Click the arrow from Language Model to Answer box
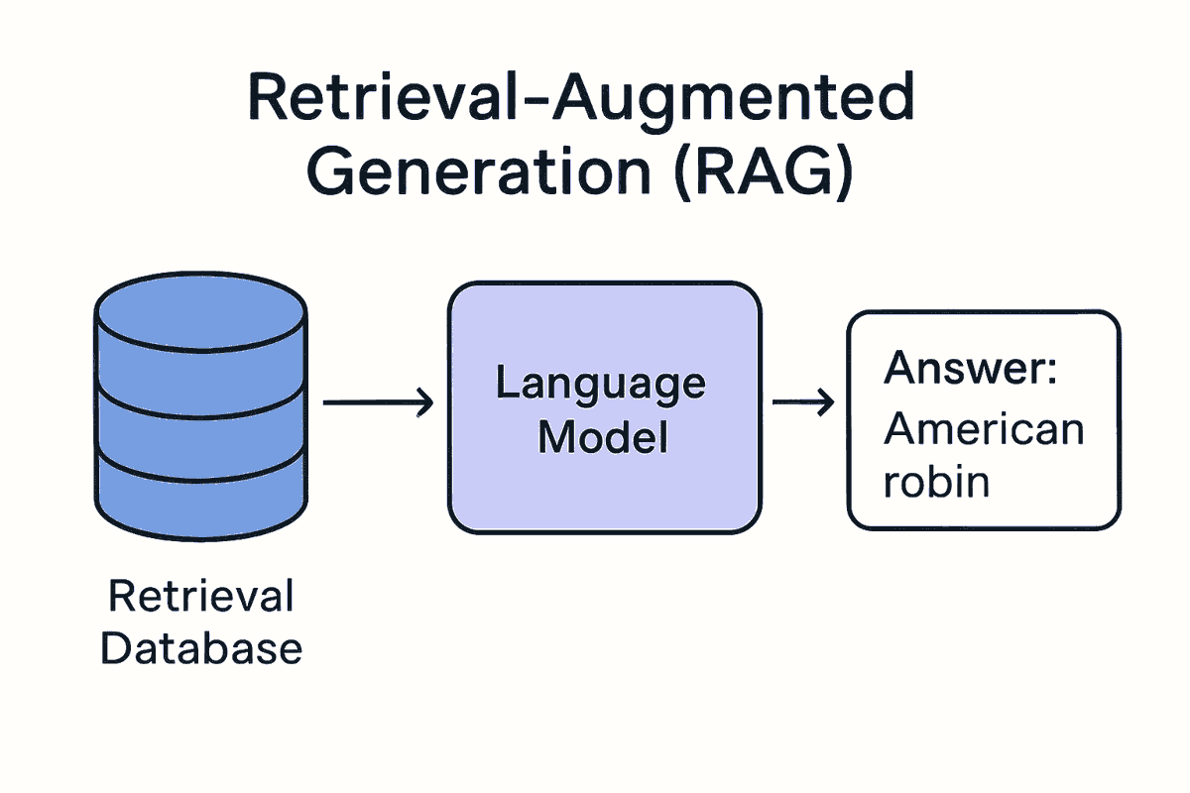point(802,402)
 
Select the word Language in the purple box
point(601,384)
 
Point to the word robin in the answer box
point(936,481)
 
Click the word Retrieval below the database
point(201,597)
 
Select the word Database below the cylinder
point(201,648)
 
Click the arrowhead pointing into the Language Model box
point(426,402)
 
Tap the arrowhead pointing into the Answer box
point(825,402)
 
